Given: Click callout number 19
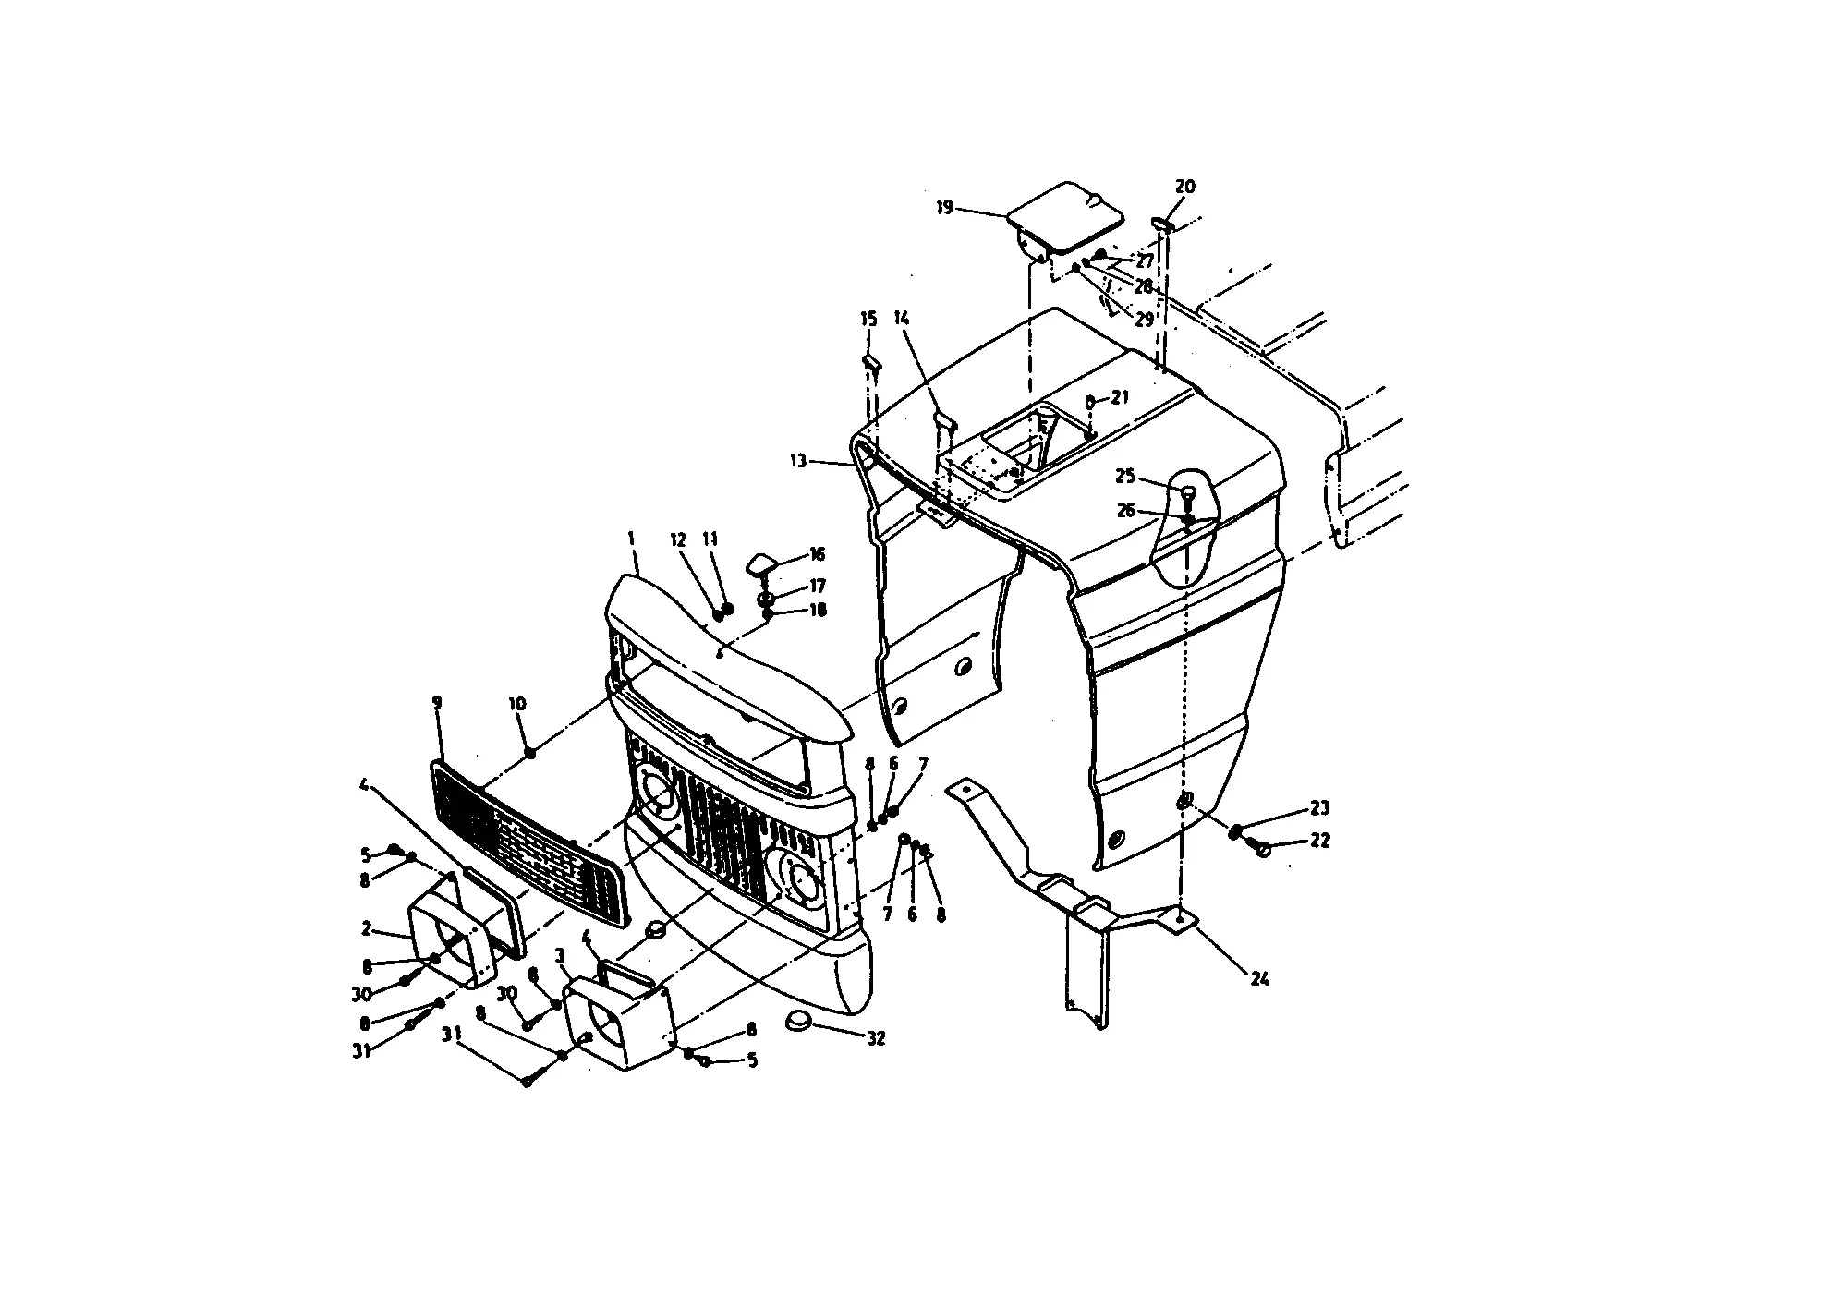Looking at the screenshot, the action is (943, 207).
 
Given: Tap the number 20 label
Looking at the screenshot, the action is (1184, 187).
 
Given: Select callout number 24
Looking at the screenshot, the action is (1259, 979).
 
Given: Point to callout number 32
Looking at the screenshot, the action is (876, 1038).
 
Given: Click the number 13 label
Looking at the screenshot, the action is (798, 460).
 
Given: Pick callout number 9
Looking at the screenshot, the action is (437, 703).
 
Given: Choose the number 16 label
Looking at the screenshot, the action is (817, 554).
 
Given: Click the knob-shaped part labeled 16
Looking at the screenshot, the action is (761, 564).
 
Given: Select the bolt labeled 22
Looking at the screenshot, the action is (1262, 848).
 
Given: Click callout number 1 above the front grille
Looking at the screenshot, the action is (632, 538).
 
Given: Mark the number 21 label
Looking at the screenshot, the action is (1121, 397).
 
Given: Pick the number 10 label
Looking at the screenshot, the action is (516, 704).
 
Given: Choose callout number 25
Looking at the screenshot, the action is (1125, 477).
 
